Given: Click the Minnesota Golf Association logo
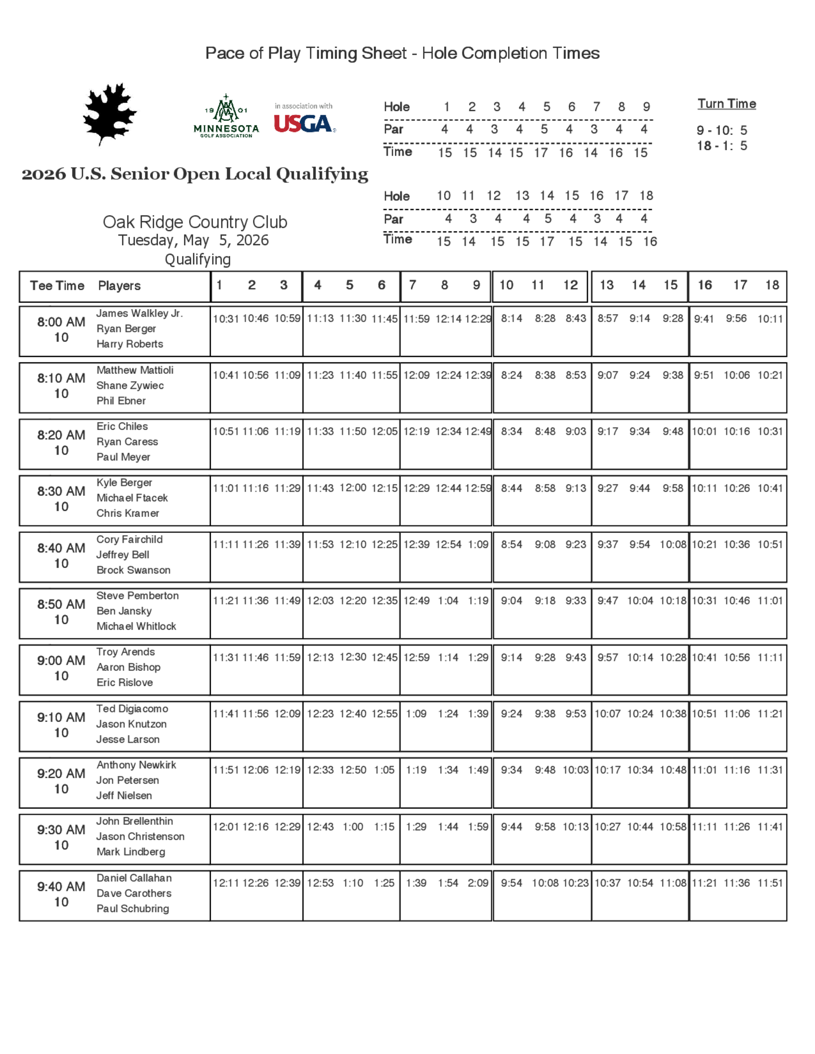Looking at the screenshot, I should pyautogui.click(x=226, y=117).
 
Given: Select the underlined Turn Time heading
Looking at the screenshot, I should pyautogui.click(x=726, y=104).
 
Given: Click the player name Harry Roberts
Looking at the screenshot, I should pyautogui.click(x=130, y=344).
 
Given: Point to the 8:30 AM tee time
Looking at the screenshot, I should pyautogui.click(x=61, y=491).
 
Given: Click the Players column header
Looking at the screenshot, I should pyautogui.click(x=119, y=286).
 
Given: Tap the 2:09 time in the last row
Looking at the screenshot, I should pyautogui.click(x=478, y=883).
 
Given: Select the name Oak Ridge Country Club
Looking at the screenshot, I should pyautogui.click(x=195, y=222).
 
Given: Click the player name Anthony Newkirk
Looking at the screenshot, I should pyautogui.click(x=136, y=765).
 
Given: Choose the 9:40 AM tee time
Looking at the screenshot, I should pyautogui.click(x=61, y=887).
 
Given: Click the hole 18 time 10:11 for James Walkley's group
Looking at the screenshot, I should pyautogui.click(x=770, y=318).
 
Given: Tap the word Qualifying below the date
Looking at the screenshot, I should pyautogui.click(x=198, y=260).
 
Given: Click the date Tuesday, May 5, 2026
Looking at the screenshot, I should pyautogui.click(x=193, y=240).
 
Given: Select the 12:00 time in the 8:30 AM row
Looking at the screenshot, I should pyautogui.click(x=352, y=488).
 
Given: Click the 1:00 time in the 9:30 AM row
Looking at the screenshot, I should pyautogui.click(x=352, y=827).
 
